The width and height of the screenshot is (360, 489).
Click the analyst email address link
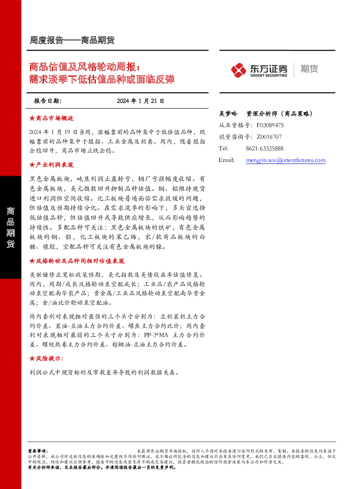[x=286, y=160]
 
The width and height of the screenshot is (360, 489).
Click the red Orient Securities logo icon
[x=238, y=70]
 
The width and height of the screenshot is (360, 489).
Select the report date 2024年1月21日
[x=140, y=101]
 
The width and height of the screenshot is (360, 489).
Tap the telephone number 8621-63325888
[x=265, y=148]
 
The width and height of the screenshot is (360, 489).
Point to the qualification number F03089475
[x=270, y=125]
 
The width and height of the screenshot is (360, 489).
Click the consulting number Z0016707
[x=269, y=137]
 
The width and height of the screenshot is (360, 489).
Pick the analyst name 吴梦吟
[x=228, y=114]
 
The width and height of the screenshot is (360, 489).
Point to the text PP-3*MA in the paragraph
[x=156, y=335]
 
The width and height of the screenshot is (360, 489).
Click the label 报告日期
[x=48, y=101]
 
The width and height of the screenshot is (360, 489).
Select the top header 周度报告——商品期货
[x=72, y=40]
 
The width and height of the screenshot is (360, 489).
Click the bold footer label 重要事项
[x=38, y=449]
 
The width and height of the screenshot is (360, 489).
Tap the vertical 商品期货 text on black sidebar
[x=11, y=227]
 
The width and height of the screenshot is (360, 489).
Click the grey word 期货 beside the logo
[x=309, y=69]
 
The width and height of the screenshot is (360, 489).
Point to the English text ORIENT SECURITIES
[x=269, y=76]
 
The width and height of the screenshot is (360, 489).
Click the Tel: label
[x=223, y=148]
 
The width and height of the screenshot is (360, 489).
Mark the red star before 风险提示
[x=32, y=358]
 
